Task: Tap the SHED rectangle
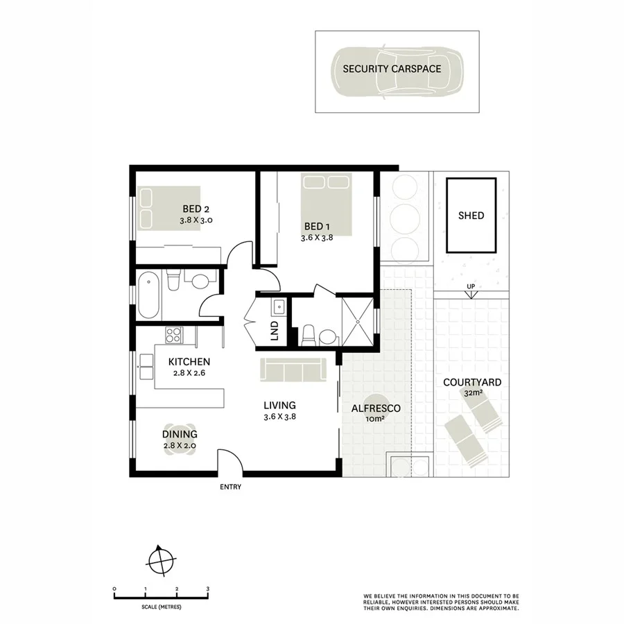pyautogui.click(x=471, y=216)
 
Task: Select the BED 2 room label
pyautogui.click(x=196, y=209)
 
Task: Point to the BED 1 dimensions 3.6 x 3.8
pyautogui.click(x=318, y=238)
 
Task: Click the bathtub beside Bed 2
pyautogui.click(x=148, y=295)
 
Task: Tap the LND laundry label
pyautogui.click(x=275, y=330)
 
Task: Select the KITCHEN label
pyautogui.click(x=190, y=362)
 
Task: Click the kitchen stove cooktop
pyautogui.click(x=174, y=334)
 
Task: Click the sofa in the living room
pyautogui.click(x=293, y=370)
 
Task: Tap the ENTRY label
pyautogui.click(x=231, y=487)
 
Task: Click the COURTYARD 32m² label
pyautogui.click(x=472, y=387)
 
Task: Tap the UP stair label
pyautogui.click(x=471, y=287)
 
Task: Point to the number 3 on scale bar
pyautogui.click(x=208, y=589)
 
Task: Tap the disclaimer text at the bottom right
pyautogui.click(x=440, y=602)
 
